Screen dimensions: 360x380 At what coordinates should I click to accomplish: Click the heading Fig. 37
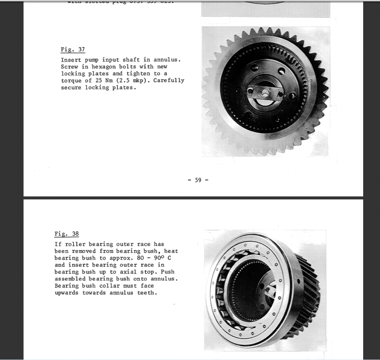[x=72, y=49]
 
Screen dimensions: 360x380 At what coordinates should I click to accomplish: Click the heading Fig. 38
[x=66, y=234]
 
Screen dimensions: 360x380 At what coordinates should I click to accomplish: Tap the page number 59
[x=198, y=180]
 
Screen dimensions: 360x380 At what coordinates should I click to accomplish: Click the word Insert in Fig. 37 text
[x=71, y=60]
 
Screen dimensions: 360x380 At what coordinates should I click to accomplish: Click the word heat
[x=169, y=251]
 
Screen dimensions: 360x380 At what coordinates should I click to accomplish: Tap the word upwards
[x=67, y=293]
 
